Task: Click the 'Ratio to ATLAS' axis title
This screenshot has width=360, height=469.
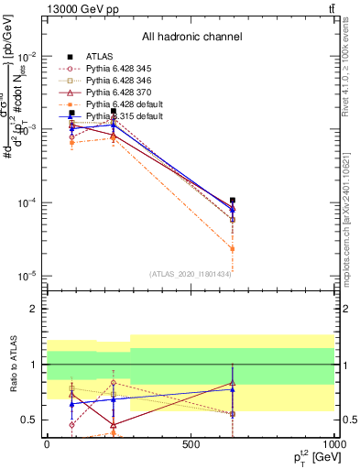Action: (x=11, y=364)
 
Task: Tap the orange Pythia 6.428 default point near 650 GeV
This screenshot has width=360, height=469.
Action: (x=233, y=248)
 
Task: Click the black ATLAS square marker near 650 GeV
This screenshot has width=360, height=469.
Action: (x=233, y=200)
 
